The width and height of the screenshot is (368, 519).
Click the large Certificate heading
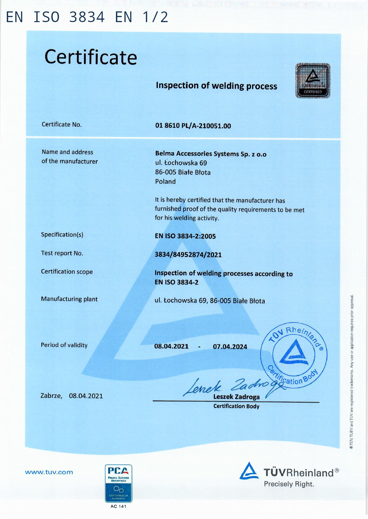(x=91, y=57)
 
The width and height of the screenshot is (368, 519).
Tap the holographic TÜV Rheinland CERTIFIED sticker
(x=312, y=81)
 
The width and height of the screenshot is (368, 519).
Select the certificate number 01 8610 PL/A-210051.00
(x=193, y=126)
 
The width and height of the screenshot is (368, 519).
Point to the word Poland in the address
(x=165, y=181)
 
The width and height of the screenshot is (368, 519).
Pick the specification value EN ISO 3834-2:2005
(x=185, y=236)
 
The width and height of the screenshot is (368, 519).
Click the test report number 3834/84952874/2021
(x=188, y=255)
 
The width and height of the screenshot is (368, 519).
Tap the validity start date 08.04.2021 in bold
(x=171, y=346)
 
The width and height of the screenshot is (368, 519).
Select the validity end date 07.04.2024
(x=230, y=347)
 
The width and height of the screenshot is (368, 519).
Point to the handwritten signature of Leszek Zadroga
(x=227, y=386)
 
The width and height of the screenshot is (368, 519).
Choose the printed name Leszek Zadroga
(x=236, y=397)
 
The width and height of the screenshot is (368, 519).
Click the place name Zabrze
(x=51, y=396)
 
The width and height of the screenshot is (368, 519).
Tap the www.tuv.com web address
(x=49, y=472)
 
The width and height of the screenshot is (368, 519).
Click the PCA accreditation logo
(x=118, y=483)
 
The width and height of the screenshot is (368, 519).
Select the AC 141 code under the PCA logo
(x=118, y=506)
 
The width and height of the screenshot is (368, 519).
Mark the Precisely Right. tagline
(x=289, y=484)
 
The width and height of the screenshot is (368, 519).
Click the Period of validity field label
(x=64, y=345)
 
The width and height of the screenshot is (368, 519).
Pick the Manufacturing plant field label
(x=69, y=299)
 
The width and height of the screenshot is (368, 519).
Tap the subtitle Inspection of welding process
(x=216, y=86)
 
